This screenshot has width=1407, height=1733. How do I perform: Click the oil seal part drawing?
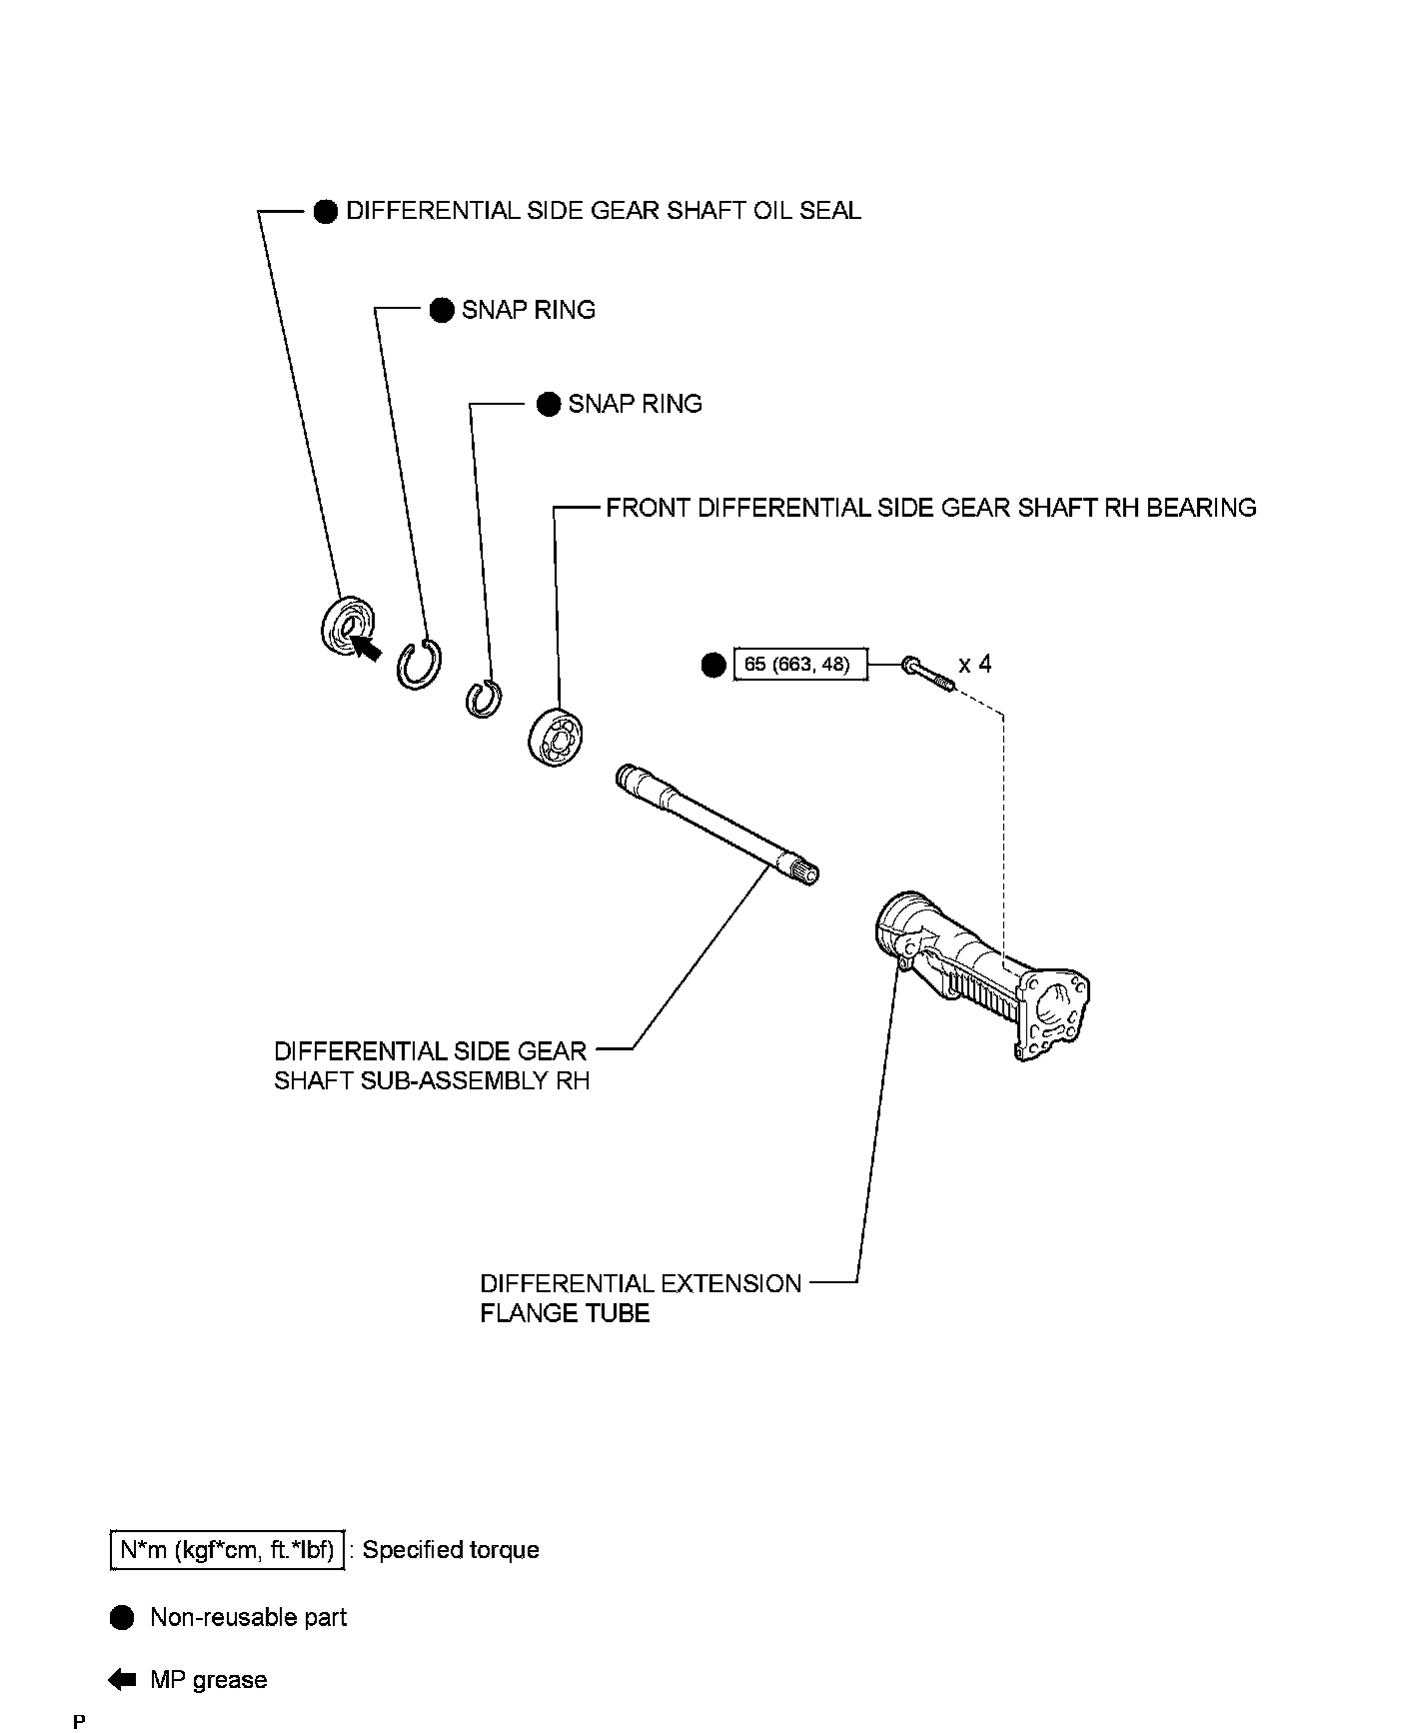[346, 628]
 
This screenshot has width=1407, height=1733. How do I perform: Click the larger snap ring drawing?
[420, 663]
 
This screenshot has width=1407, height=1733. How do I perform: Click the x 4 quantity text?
[975, 664]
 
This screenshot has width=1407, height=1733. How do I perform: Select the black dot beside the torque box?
[713, 665]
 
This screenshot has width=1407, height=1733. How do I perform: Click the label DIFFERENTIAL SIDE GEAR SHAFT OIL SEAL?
[603, 211]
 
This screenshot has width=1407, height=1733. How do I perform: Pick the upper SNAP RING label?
[528, 310]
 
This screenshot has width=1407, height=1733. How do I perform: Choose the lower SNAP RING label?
[635, 404]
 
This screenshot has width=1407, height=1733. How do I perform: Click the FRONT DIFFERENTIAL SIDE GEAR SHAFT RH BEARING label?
[930, 508]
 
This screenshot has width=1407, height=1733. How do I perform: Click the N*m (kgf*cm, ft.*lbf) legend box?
[228, 1550]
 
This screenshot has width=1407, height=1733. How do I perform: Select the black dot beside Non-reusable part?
[122, 1617]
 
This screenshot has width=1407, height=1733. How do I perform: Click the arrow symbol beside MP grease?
[122, 1680]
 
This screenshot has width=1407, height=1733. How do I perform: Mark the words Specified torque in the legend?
[451, 1550]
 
